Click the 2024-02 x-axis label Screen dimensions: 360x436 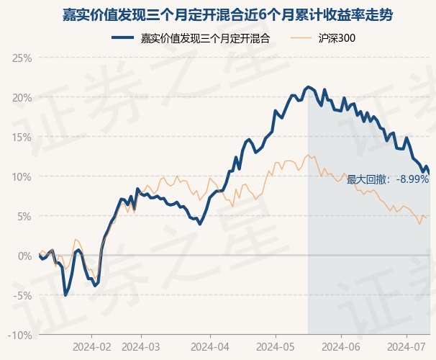pos(92,346)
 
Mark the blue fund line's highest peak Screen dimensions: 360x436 pos(308,86)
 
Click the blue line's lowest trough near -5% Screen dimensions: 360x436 pos(65,294)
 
